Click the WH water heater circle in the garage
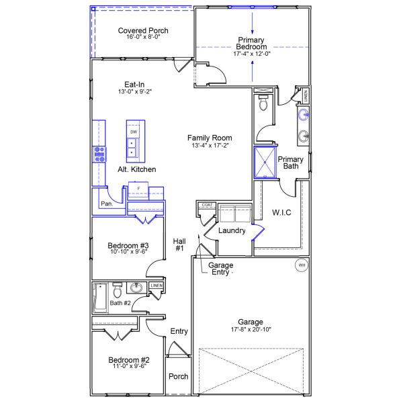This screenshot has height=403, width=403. (302, 265)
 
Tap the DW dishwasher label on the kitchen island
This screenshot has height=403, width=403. (134, 132)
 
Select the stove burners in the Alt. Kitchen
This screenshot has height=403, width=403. (99, 154)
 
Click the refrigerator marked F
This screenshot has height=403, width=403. (138, 189)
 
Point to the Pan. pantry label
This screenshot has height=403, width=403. (106, 203)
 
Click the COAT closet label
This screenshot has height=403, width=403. (207, 204)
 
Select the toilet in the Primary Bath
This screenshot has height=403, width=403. (263, 103)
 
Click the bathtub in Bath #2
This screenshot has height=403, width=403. (99, 297)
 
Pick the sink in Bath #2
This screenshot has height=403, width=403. (137, 288)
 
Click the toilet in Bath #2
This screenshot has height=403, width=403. (118, 291)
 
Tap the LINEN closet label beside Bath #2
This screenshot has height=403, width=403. (156, 286)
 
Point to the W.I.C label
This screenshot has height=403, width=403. (281, 213)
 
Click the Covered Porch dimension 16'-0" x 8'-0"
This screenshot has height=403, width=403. (143, 38)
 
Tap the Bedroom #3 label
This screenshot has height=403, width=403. (128, 246)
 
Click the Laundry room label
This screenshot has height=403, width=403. (231, 230)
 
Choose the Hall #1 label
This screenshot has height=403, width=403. (179, 244)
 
